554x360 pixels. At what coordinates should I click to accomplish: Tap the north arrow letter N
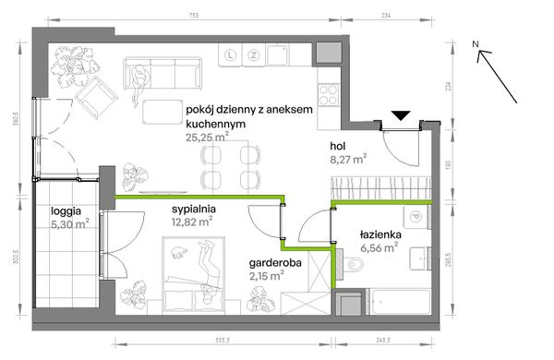[x=473, y=43]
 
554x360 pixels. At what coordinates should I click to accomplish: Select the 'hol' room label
[x=341, y=145]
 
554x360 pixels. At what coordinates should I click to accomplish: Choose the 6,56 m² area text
[x=379, y=247]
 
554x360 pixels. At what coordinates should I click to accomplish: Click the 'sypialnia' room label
[x=193, y=209]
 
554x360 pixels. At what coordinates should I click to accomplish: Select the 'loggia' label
[x=67, y=210]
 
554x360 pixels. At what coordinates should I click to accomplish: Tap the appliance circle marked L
[x=229, y=56]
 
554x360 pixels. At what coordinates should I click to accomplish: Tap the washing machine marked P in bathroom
[x=417, y=219]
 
